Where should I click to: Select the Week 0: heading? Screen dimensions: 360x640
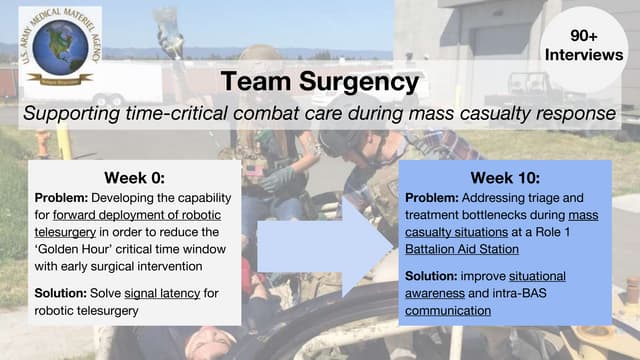tap(134, 178)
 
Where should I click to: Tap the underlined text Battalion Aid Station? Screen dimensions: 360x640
tap(462, 249)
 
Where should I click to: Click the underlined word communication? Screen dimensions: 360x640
tap(449, 311)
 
